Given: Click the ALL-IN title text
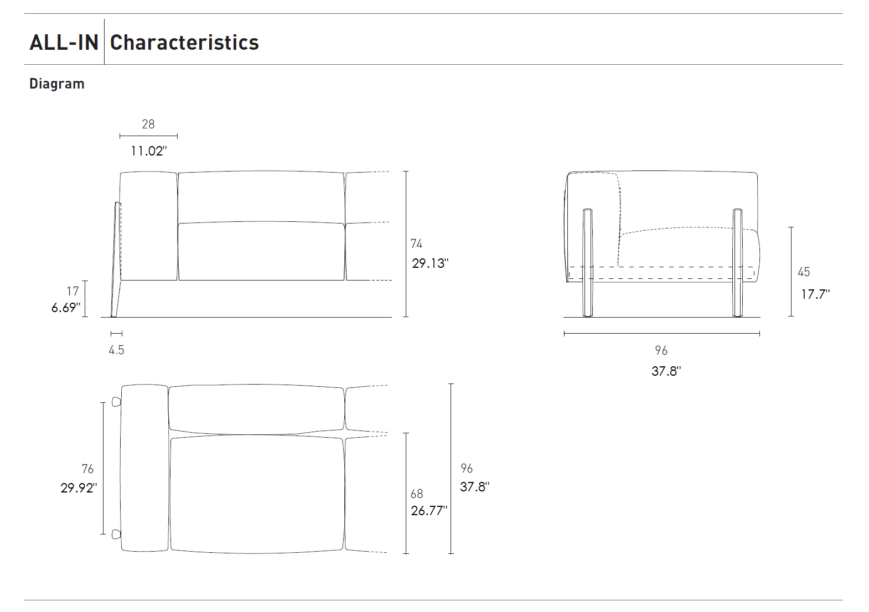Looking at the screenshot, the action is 64,42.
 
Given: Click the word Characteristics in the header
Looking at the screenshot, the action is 184,42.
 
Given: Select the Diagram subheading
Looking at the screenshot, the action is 57,84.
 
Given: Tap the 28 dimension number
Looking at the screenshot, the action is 148,124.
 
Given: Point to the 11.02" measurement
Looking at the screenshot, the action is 148,151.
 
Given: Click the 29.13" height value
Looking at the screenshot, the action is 430,263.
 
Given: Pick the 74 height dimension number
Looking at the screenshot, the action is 417,243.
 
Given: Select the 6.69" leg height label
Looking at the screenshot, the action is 66,308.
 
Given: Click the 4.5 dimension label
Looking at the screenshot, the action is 116,350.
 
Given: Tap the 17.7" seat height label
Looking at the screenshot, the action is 815,294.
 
